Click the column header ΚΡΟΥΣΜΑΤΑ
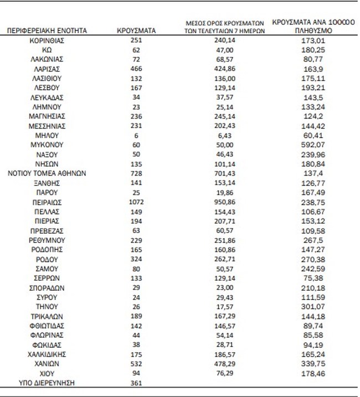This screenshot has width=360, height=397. point(136,31)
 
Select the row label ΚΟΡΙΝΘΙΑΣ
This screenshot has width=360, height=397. point(47,40)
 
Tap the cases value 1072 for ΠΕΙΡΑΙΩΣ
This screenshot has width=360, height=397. point(136,202)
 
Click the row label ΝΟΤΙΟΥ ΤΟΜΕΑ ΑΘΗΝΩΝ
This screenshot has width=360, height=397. point(47,173)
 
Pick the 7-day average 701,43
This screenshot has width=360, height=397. point(225,173)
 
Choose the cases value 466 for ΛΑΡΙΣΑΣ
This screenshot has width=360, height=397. point(136,69)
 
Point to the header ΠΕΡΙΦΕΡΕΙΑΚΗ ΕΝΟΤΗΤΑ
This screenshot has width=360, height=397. point(47,31)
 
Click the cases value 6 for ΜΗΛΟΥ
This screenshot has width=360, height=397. point(136,135)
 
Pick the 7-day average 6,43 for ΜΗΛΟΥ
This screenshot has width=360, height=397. point(225,135)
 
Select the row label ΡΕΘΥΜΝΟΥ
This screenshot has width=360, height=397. point(47,240)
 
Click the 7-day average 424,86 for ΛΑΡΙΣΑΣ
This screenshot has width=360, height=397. point(225,69)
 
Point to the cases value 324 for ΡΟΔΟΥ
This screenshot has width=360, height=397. point(136,259)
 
